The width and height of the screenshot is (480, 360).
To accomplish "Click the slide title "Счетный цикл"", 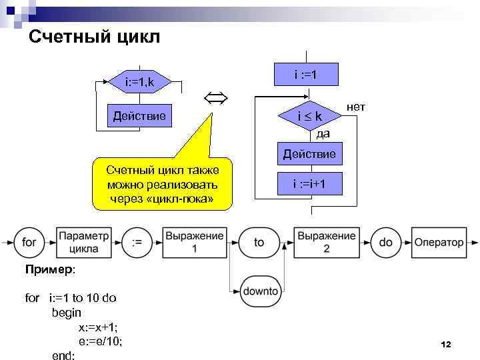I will click(95, 37).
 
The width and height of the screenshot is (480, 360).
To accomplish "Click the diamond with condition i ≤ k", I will click(309, 116).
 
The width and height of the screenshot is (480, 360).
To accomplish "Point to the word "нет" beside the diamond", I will click(356, 107).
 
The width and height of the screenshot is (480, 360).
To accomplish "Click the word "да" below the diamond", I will click(323, 133).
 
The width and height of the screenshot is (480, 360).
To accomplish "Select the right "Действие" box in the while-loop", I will click(309, 155).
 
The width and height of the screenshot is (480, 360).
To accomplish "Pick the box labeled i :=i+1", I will click(309, 184).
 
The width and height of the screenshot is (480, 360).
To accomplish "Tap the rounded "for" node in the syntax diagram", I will click(30, 243).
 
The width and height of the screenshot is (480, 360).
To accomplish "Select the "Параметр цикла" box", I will click(83, 243).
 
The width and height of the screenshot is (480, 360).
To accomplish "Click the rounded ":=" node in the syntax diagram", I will click(137, 243).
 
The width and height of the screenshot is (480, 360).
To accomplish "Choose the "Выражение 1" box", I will click(195, 243).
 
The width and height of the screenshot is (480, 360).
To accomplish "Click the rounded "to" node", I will click(259, 243).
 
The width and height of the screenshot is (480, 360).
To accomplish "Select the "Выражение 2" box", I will click(327, 243).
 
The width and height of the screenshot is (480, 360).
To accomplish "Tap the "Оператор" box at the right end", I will click(439, 243).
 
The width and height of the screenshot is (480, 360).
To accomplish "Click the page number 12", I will click(446, 344).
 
